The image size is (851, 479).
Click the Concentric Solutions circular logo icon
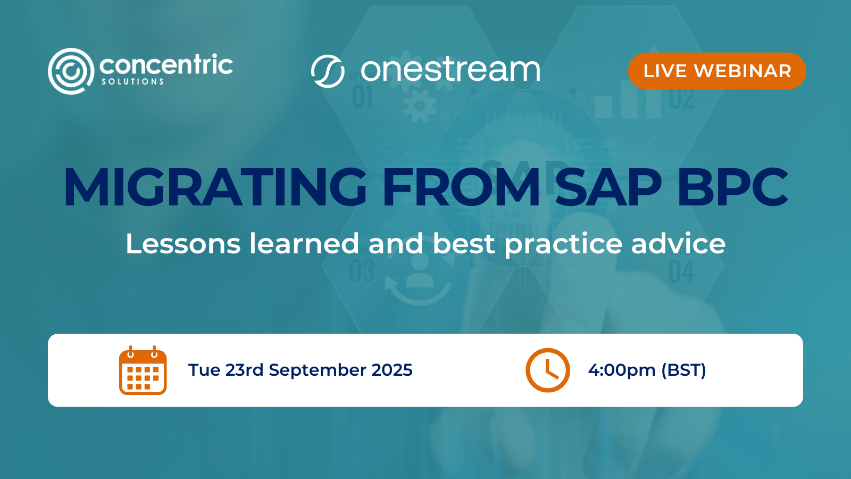(71, 71)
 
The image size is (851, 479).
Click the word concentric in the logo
(166, 65)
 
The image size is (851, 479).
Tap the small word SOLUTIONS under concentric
(133, 82)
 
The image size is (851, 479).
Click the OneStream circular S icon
(328, 71)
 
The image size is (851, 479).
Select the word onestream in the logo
(450, 70)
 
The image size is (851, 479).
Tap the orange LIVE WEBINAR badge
(717, 71)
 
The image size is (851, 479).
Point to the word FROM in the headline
(461, 187)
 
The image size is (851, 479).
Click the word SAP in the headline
(608, 187)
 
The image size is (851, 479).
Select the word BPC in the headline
(732, 187)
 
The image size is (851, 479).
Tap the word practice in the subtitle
(563, 245)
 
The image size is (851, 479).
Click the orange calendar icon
(143, 370)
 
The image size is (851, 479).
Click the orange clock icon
(548, 370)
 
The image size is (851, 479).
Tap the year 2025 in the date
(392, 370)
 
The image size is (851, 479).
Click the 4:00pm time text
(621, 370)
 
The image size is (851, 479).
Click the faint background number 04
(681, 272)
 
